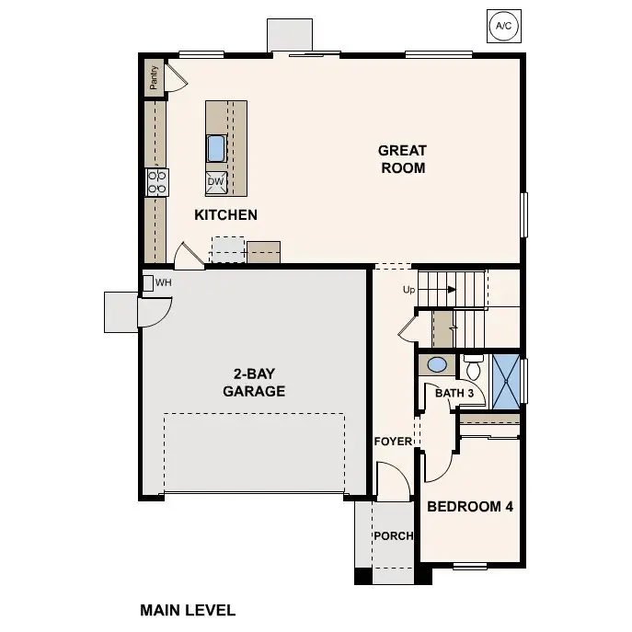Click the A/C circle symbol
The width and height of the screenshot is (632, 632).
(503, 26)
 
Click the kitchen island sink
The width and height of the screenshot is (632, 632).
(216, 148)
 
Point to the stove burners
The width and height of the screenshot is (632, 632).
(156, 181)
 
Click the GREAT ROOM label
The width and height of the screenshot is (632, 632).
(402, 159)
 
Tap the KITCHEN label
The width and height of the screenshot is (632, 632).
(225, 215)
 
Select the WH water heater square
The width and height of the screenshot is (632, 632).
(147, 282)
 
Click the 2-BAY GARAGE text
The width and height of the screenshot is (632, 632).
(254, 383)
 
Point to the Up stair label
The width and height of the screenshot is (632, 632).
(409, 290)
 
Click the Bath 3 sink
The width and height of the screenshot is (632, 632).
(438, 365)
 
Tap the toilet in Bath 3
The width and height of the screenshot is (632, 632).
(473, 369)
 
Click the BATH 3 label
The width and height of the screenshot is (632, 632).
(454, 394)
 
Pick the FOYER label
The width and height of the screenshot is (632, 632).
(393, 442)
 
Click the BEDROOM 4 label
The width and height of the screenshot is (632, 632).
(470, 507)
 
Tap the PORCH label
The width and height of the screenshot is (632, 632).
(393, 536)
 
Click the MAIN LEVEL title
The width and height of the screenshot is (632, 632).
(188, 610)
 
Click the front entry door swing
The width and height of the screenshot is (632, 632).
(394, 481)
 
